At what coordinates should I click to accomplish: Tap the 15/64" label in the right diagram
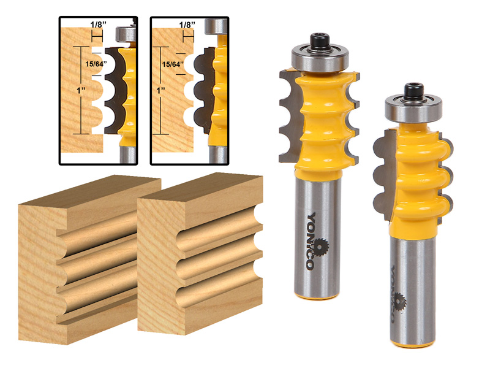click(x=173, y=63)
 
